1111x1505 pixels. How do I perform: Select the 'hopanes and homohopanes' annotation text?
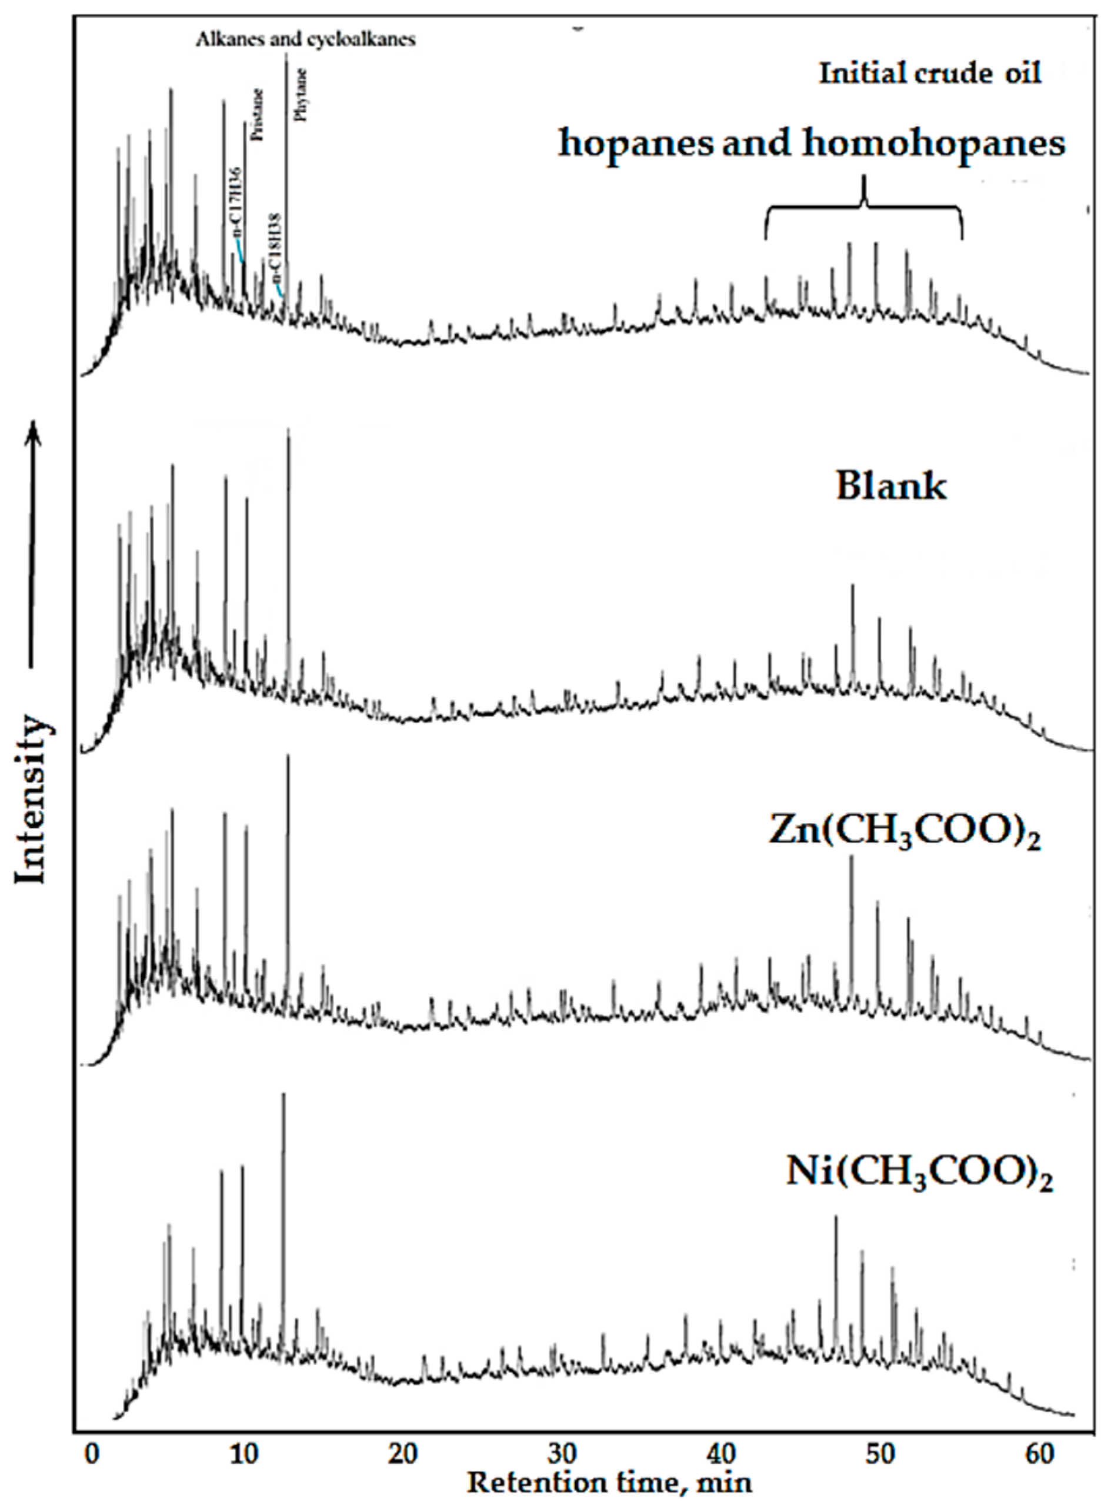pos(812,144)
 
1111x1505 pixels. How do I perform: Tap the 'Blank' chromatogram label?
pos(891,486)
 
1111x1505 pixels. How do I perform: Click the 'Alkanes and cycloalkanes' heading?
pos(306,39)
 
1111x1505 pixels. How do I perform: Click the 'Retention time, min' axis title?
pos(609,1483)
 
